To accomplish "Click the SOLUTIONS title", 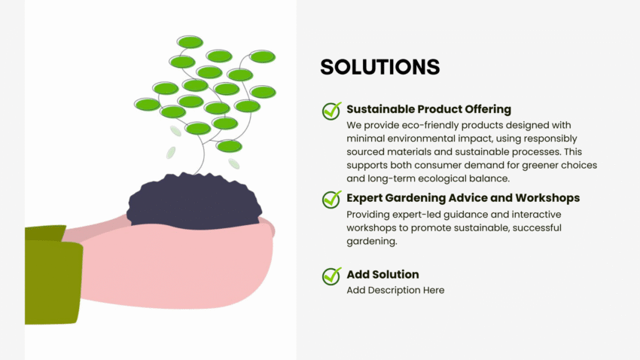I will (x=379, y=67).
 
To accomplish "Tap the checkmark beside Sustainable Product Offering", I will (x=332, y=111).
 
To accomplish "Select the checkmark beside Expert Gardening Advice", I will (x=332, y=200).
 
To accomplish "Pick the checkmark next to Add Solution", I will (x=332, y=276).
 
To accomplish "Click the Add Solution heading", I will (x=382, y=274).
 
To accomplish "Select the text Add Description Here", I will (x=395, y=290).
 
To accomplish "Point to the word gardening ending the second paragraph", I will (x=371, y=242).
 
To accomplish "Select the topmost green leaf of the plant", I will (x=190, y=42).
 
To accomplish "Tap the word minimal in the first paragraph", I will (x=366, y=139).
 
